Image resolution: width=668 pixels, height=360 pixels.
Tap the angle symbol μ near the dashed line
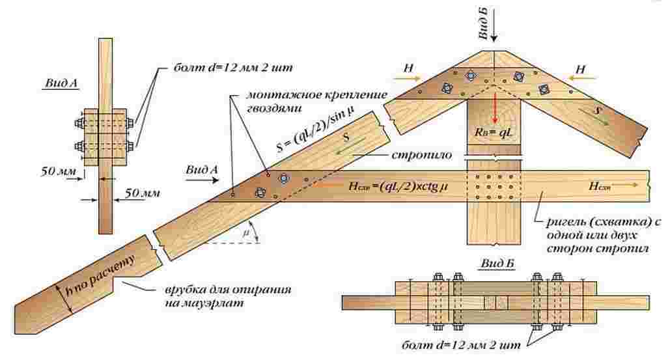click(x=245, y=232)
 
